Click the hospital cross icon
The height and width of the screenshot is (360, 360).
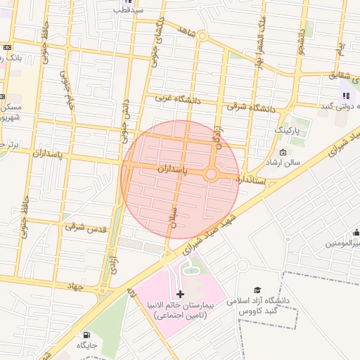click(x=180, y=293)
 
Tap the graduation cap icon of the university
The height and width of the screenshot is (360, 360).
click(x=257, y=290)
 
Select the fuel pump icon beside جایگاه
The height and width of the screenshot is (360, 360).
click(x=86, y=335)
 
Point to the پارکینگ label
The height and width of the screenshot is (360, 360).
click(x=286, y=131)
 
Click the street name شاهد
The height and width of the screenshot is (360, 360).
click(x=186, y=32)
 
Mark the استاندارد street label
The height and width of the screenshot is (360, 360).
click(x=251, y=180)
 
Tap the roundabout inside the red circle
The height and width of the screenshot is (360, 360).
click(x=211, y=174)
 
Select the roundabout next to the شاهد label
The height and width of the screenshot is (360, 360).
click(x=202, y=35)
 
